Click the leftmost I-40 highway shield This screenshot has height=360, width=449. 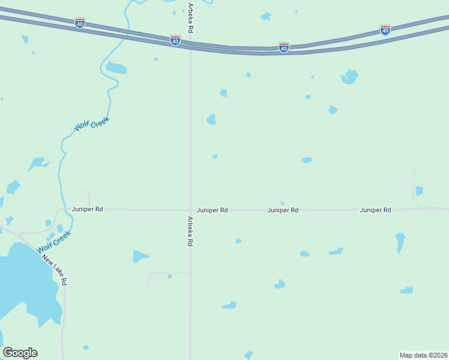coord(80,22)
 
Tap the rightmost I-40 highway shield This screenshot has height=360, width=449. coord(385,29)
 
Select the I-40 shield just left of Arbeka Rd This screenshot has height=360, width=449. coord(175,40)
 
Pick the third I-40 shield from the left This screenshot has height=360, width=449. coord(284,47)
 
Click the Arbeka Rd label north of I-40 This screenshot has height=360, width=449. coord(190,18)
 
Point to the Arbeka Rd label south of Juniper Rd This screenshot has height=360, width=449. coord(190,232)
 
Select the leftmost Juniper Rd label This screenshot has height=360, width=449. coord(88,209)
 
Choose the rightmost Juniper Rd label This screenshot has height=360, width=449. coord(376,210)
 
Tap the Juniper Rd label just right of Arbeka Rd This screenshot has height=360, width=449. coord(212,210)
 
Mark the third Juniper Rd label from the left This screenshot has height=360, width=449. coord(283,210)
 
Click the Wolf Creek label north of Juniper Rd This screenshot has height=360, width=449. coord(92,124)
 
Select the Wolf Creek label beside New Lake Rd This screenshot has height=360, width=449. coord(53,241)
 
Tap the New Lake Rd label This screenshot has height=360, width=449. coord(54,270)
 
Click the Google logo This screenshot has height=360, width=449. coord(20,353)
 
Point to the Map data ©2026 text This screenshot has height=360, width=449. coord(423,355)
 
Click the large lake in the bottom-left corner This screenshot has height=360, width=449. coord(24,288)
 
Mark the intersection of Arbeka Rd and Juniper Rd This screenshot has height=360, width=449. coord(190,210)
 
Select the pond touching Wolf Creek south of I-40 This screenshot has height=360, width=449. coord(116,68)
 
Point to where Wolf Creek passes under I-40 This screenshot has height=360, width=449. coord(126,33)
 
